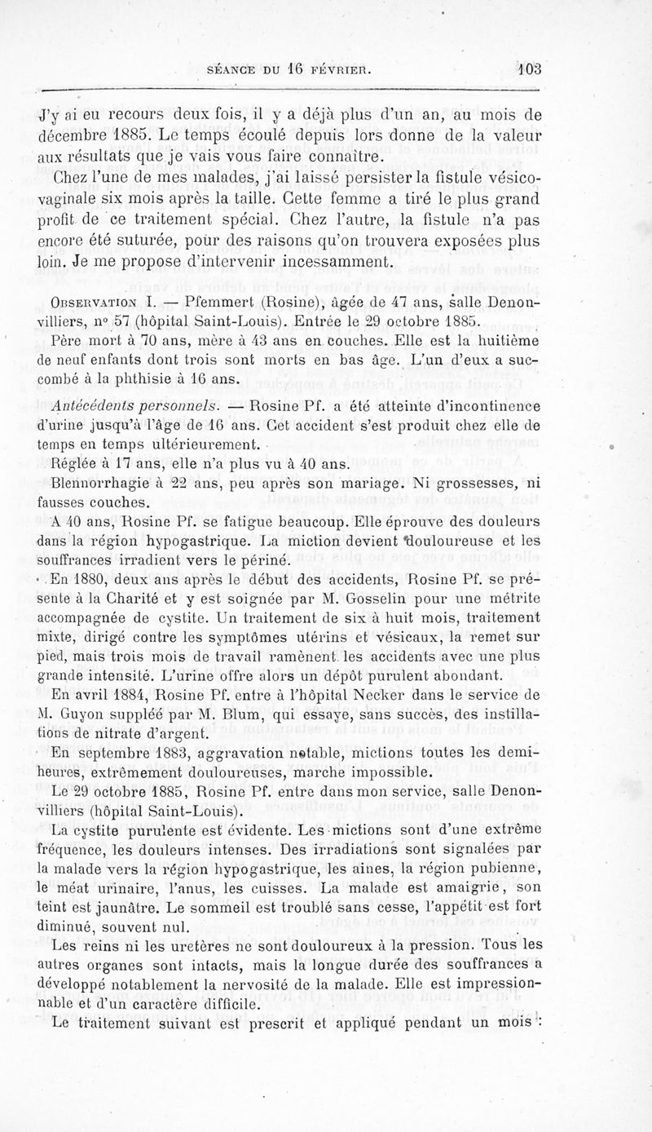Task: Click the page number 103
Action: coord(528,69)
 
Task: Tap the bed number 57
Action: coord(100,319)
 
